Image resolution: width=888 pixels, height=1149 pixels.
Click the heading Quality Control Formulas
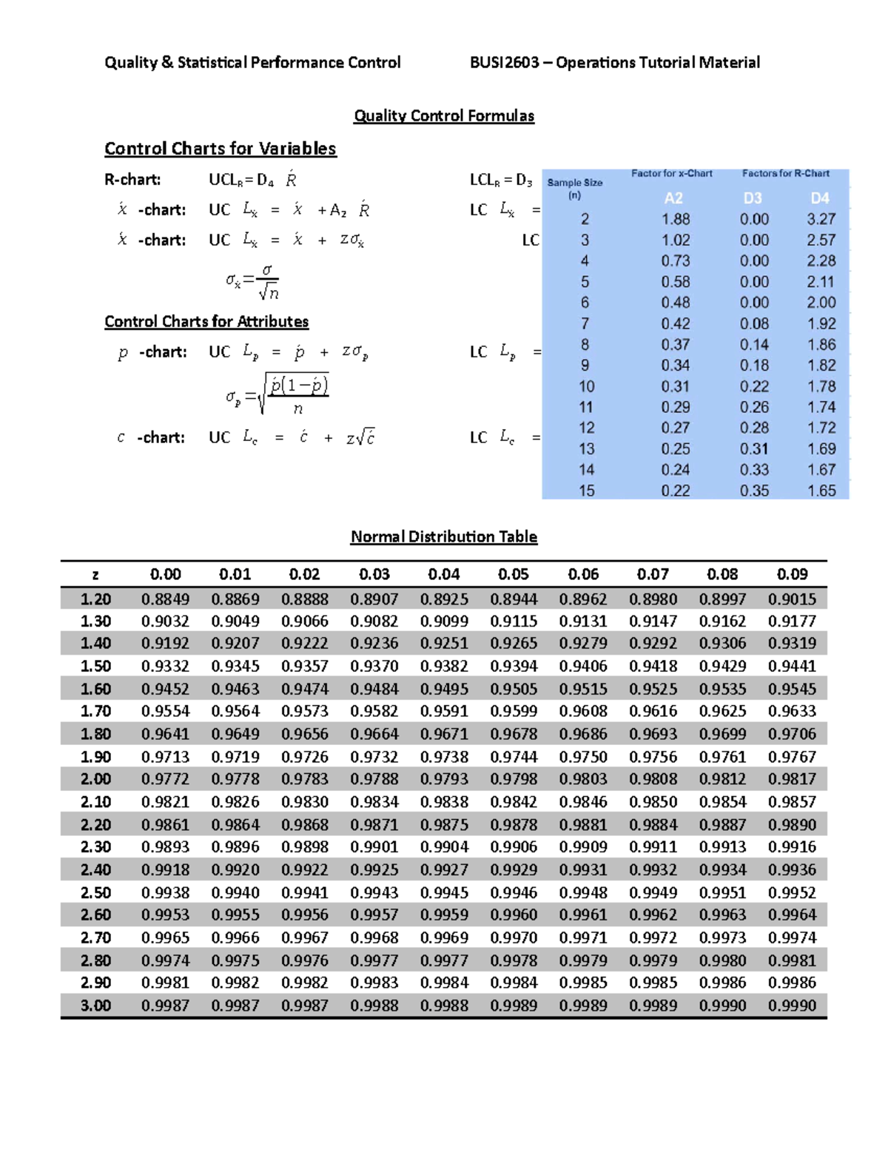tap(443, 115)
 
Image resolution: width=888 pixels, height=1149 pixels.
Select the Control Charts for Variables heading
tap(220, 149)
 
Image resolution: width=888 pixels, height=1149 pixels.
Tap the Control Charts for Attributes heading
tap(206, 322)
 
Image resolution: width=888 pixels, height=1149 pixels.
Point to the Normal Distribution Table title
tap(443, 536)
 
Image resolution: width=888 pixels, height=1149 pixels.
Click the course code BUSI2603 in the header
tap(505, 62)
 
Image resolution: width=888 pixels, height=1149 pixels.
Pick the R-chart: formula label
tap(132, 180)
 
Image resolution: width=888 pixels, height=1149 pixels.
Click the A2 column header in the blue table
tap(673, 198)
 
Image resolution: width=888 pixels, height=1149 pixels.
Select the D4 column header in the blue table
tap(820, 198)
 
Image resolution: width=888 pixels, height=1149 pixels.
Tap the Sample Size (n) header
tap(575, 189)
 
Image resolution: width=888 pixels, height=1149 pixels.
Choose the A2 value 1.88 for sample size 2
tap(675, 219)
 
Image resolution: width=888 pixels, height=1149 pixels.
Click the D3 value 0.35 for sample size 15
tap(754, 491)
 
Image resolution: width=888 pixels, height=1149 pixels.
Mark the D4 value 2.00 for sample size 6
tap(821, 303)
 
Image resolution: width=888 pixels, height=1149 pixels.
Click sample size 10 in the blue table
tap(586, 386)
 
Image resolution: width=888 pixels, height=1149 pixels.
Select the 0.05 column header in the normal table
tap(513, 574)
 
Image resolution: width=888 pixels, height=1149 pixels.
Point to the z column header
tap(95, 575)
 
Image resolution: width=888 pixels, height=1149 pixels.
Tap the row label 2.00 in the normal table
tap(95, 779)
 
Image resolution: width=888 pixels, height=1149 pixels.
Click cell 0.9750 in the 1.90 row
tap(582, 757)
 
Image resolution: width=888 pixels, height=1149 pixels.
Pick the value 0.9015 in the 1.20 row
tap(792, 599)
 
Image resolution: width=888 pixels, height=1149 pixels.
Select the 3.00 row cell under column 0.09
tap(792, 1005)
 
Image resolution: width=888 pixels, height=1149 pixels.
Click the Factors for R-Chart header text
tap(785, 173)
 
